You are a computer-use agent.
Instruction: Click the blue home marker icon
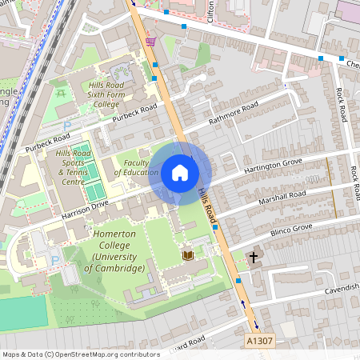click(180, 172)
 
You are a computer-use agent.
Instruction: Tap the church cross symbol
click(254, 258)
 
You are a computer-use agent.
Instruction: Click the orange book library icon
click(189, 255)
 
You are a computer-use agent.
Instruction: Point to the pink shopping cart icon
click(150, 40)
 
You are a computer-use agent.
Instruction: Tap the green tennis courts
click(94, 180)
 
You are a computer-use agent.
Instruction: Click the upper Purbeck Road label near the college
click(134, 113)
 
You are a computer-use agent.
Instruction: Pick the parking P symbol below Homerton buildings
click(54, 260)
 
